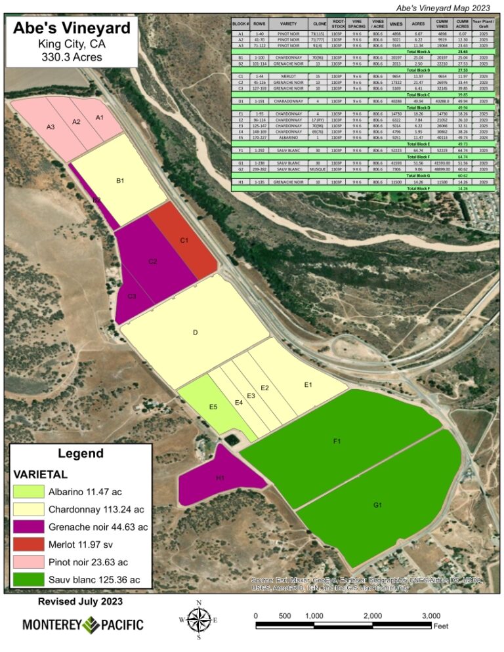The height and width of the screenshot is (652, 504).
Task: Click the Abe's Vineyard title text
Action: [72, 29]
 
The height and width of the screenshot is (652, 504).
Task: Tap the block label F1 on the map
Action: [337, 441]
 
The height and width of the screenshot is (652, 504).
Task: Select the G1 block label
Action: [377, 505]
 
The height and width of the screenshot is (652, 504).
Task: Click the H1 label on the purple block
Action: [220, 478]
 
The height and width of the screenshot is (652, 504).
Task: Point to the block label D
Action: [195, 333]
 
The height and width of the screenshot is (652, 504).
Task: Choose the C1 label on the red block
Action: [185, 241]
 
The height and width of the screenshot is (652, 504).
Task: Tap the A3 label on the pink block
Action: [51, 127]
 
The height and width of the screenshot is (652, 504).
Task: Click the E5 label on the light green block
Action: [213, 407]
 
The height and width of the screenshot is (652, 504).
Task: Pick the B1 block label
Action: [120, 180]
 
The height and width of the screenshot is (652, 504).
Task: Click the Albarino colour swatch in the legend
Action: [28, 491]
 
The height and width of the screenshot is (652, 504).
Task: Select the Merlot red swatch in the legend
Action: [28, 544]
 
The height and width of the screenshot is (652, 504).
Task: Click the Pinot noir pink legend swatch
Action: [28, 562]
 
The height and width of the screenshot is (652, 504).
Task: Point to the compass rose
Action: [199, 619]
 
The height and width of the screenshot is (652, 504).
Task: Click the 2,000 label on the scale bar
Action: [372, 616]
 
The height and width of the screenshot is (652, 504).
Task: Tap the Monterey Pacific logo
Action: [83, 624]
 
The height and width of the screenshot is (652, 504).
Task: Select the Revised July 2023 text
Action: [80, 601]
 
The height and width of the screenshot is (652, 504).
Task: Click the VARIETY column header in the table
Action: [289, 24]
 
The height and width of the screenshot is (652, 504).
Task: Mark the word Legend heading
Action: [80, 453]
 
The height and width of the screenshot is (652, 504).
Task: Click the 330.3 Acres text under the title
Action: [72, 56]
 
